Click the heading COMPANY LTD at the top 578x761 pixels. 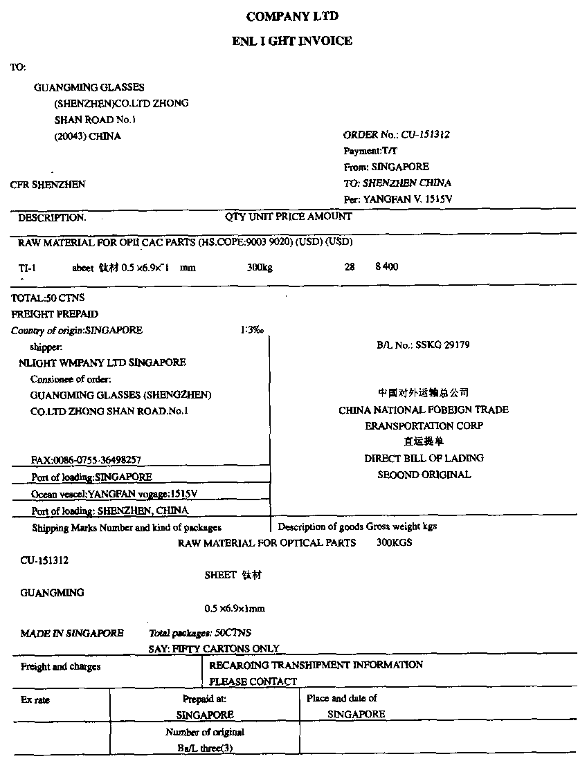292,16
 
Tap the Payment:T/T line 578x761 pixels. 371,151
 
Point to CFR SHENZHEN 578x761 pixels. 48,185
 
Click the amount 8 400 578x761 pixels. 386,267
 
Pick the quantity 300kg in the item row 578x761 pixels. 260,268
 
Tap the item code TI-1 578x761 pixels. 27,267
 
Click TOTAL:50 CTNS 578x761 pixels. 48,298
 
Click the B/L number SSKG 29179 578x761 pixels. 442,345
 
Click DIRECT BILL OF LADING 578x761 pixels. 424,458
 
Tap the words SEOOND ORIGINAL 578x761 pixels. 424,475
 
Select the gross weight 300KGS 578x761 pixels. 394,543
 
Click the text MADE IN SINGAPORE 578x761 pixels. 72,633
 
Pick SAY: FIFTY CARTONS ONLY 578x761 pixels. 214,649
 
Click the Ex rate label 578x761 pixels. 35,699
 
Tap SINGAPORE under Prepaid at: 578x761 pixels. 205,715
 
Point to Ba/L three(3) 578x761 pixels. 204,748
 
